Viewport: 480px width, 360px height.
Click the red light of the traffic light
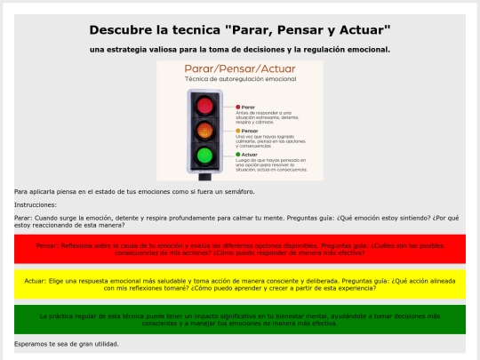coord(205,105)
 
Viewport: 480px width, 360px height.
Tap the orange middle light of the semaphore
coord(205,132)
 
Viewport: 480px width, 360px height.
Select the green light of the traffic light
coord(205,157)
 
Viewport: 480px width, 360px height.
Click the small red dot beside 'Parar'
coord(238,107)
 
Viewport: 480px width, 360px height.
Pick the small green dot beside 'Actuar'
coord(238,153)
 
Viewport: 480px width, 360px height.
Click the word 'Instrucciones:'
coord(36,204)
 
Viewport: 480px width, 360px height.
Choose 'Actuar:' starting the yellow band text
coord(36,280)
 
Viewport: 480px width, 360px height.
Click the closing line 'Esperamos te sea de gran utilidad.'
coord(67,343)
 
